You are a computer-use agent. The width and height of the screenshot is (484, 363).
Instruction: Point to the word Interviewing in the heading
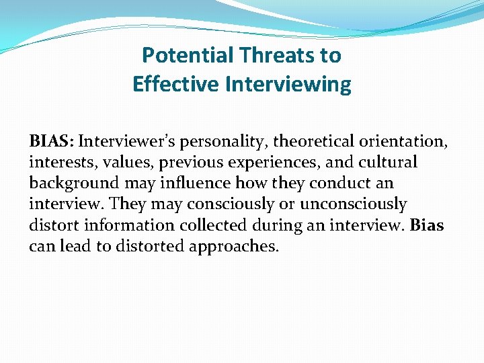tap(288, 84)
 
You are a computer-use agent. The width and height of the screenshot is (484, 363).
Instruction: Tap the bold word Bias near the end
tap(426, 225)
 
